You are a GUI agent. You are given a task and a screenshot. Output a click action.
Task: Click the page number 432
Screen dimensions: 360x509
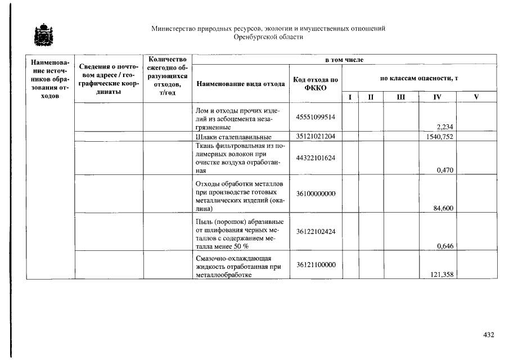pyautogui.click(x=488, y=335)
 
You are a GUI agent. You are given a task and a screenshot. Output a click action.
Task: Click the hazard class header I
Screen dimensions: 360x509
pyautogui.click(x=350, y=97)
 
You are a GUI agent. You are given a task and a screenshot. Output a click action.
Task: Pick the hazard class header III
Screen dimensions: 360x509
pyautogui.click(x=400, y=97)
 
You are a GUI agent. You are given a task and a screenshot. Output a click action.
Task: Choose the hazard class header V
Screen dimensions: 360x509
pyautogui.click(x=476, y=97)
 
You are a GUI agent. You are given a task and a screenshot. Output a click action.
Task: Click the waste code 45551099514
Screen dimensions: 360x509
pyautogui.click(x=316, y=117)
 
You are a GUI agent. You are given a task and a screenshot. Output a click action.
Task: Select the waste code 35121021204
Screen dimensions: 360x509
pyautogui.click(x=316, y=137)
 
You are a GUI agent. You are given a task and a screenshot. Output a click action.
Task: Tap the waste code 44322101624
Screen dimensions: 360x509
pyautogui.click(x=316, y=158)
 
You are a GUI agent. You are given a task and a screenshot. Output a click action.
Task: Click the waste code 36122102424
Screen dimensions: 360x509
pyautogui.click(x=316, y=230)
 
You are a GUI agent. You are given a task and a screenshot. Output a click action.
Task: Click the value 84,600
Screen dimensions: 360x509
pyautogui.click(x=444, y=208)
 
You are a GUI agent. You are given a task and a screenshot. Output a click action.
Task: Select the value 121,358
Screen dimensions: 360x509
pyautogui.click(x=442, y=274)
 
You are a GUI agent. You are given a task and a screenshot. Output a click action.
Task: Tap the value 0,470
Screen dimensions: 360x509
pyautogui.click(x=445, y=170)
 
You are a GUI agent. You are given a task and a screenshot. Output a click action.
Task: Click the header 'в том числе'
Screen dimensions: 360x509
pyautogui.click(x=344, y=60)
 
